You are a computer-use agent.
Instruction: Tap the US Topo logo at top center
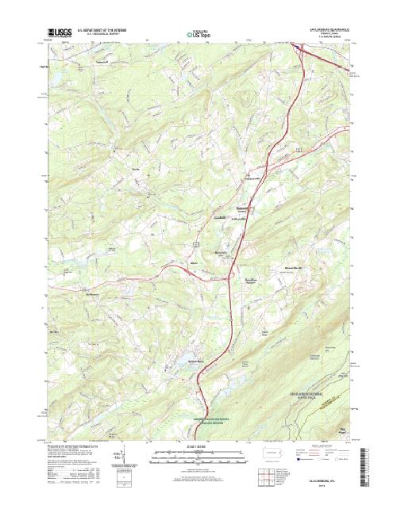pyautogui.click(x=198, y=34)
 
